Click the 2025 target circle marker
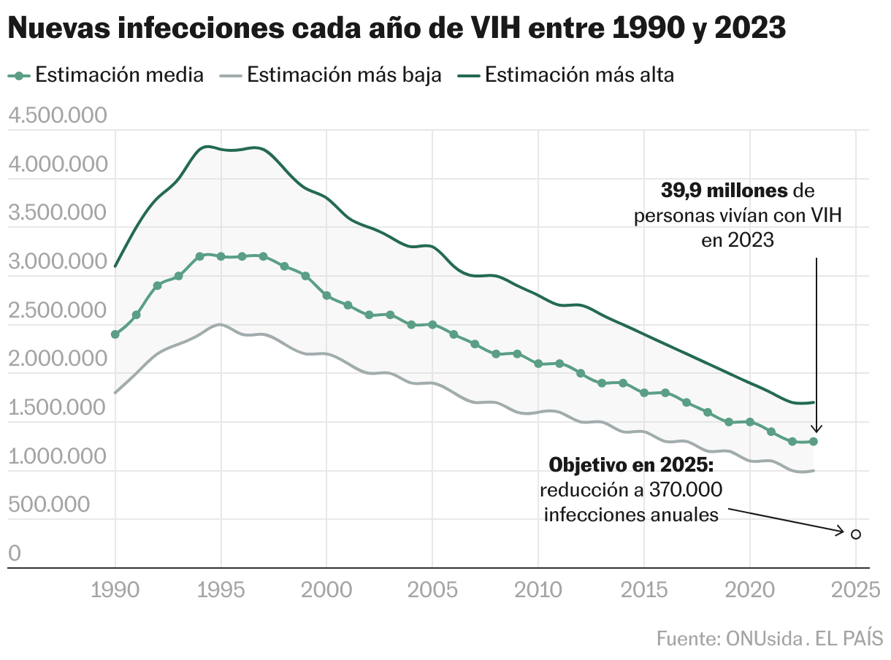click(x=856, y=534)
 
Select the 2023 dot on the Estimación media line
click(x=814, y=442)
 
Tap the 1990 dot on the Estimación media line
click(x=115, y=334)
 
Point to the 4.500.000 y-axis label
click(x=56, y=116)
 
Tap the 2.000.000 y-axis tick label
click(x=56, y=359)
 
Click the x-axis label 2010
click(x=538, y=590)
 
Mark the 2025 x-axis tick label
click(x=856, y=590)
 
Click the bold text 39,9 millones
click(x=724, y=191)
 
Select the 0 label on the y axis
click(x=14, y=554)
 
